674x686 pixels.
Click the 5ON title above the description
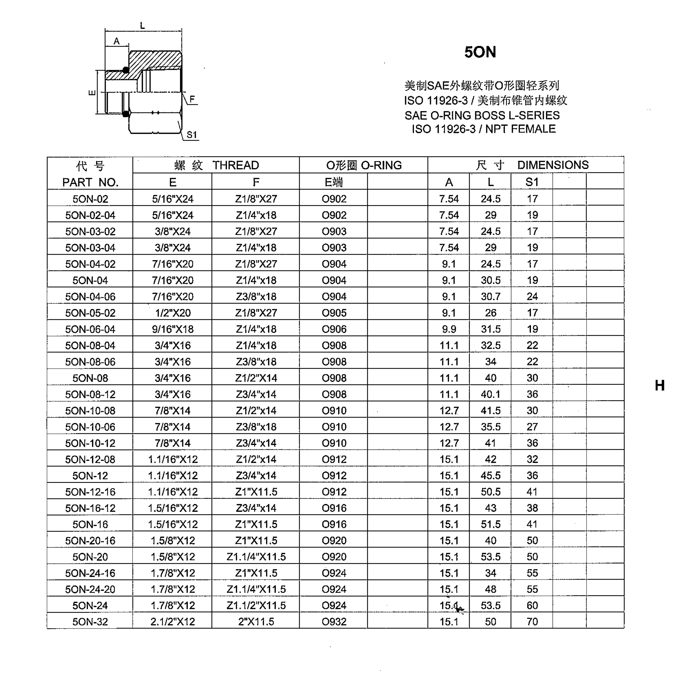click(480, 52)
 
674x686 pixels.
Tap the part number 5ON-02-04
click(90, 215)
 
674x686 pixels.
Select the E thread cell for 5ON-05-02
click(173, 313)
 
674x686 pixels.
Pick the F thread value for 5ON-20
click(256, 557)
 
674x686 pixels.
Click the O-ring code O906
click(334, 329)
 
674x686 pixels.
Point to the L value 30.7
click(490, 296)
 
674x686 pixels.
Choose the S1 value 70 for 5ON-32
click(532, 622)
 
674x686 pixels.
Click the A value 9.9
click(449, 329)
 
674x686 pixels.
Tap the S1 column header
click(532, 182)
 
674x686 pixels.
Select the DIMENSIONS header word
click(553, 165)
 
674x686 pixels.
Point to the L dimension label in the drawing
click(142, 26)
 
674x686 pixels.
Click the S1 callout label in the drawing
click(192, 135)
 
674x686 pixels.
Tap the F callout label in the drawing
click(192, 99)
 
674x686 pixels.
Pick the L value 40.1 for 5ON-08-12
click(490, 394)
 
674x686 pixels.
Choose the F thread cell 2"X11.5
click(256, 622)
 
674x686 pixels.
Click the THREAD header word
click(236, 165)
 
